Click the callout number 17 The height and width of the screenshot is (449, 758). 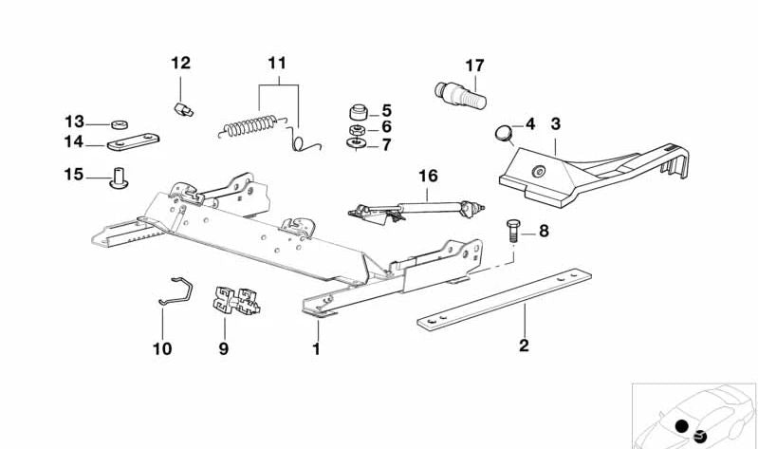coord(474,65)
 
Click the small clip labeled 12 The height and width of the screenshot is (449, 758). coord(183,109)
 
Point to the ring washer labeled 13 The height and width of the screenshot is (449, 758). coord(121,124)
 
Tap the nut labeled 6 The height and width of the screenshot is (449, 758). coord(358,128)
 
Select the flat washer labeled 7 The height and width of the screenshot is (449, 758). coord(358,143)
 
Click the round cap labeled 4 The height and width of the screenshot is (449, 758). coord(506,130)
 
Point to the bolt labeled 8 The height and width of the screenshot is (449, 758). coord(511,231)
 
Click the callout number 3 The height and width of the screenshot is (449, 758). coord(556,123)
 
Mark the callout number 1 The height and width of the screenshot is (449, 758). coord(317,348)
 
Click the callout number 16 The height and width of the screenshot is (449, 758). coord(428,176)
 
